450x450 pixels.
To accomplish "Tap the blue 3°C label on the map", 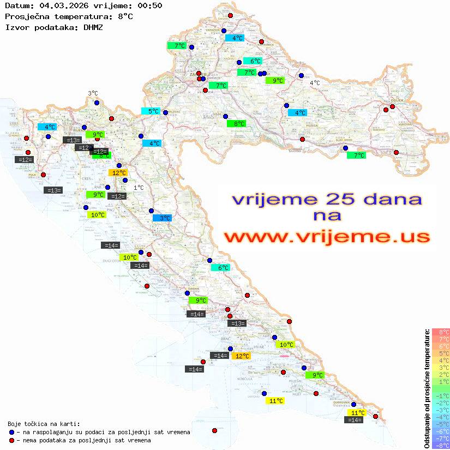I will point(162,218).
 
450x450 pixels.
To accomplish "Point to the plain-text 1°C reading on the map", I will point(139,188).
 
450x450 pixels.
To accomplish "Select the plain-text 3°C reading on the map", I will point(93,93).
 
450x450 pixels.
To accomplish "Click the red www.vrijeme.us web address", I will point(327,237).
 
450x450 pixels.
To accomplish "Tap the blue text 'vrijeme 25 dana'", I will point(326,199).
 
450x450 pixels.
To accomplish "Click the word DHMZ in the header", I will point(93,27).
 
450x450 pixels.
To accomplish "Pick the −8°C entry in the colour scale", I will point(440,445).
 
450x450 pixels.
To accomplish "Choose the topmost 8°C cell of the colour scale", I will point(440,332).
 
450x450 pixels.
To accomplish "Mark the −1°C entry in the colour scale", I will point(440,395).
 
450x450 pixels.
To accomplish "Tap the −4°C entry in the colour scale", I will point(440,417).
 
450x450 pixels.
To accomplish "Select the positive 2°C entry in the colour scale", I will point(440,375).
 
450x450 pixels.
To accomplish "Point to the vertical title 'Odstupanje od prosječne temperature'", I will point(427,389).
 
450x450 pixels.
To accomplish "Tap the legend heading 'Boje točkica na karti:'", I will point(44,424).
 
